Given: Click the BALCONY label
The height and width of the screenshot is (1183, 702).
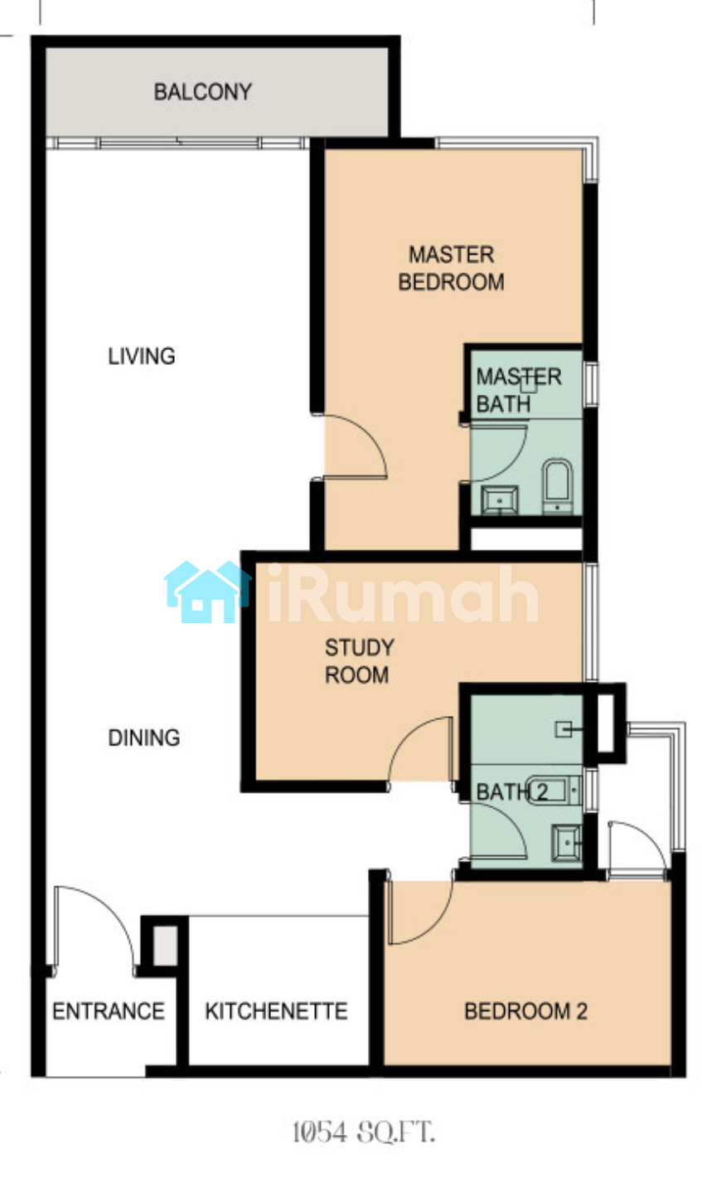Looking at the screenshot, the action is tap(203, 92).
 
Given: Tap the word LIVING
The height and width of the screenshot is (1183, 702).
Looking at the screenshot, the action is tap(142, 356).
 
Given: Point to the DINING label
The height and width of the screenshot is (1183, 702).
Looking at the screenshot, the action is tap(143, 738).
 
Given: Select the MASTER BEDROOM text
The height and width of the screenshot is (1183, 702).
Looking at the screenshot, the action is tap(451, 268).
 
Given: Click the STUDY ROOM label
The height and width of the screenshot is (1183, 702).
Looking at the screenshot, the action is tap(359, 661).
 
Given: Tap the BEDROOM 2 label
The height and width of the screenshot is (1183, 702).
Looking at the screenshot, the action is tap(525, 1011).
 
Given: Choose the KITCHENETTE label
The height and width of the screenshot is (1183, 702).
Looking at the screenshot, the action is tap(276, 1011).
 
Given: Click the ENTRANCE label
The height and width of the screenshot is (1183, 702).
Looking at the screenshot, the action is tap(109, 1011).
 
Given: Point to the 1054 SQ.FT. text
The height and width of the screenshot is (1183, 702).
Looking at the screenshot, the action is tap(364, 1132).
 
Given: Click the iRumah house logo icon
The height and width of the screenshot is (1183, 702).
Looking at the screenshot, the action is tap(207, 591).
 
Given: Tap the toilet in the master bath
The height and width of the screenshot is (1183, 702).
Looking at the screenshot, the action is tap(558, 485).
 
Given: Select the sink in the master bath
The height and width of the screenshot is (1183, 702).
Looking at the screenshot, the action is tap(499, 499).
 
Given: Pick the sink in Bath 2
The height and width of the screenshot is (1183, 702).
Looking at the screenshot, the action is tap(566, 844).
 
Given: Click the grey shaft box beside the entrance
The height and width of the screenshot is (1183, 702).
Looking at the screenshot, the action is tap(165, 947).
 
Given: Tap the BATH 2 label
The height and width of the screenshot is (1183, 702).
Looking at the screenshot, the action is tap(512, 792).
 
